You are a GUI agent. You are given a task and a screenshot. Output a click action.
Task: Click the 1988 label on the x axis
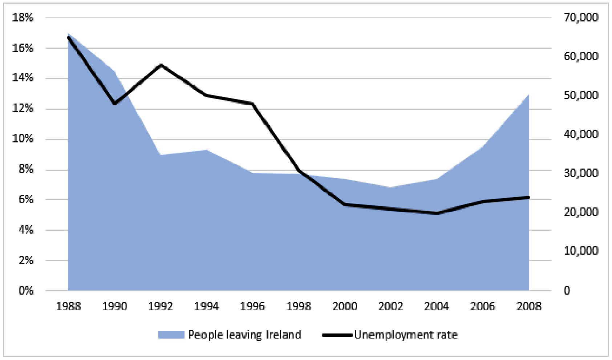click(x=68, y=307)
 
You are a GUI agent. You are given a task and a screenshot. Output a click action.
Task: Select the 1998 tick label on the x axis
click(x=299, y=307)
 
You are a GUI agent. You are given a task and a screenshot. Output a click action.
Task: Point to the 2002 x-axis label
click(x=391, y=307)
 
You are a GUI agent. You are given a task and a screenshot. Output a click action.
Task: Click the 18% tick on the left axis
click(x=23, y=18)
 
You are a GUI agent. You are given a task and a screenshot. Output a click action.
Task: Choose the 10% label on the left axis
click(x=23, y=139)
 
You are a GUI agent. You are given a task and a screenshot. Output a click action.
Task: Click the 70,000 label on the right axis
click(x=580, y=18)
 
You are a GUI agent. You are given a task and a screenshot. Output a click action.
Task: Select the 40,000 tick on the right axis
click(x=580, y=134)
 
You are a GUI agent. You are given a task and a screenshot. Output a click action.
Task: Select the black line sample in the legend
click(x=337, y=335)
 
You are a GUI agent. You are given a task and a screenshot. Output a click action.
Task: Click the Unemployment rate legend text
click(x=405, y=335)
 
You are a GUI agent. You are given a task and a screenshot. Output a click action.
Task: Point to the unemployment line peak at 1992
click(x=161, y=65)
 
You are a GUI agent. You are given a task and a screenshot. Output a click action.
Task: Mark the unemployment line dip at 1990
click(x=114, y=104)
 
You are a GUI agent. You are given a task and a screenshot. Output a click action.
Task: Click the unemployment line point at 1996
click(x=252, y=104)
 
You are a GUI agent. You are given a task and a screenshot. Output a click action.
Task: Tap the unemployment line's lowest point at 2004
click(x=437, y=213)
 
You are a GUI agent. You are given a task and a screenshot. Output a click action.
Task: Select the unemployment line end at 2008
click(x=529, y=197)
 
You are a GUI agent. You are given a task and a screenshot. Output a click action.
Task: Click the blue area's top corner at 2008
click(x=529, y=94)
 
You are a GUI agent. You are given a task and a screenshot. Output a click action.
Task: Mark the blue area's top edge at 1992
click(x=161, y=155)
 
